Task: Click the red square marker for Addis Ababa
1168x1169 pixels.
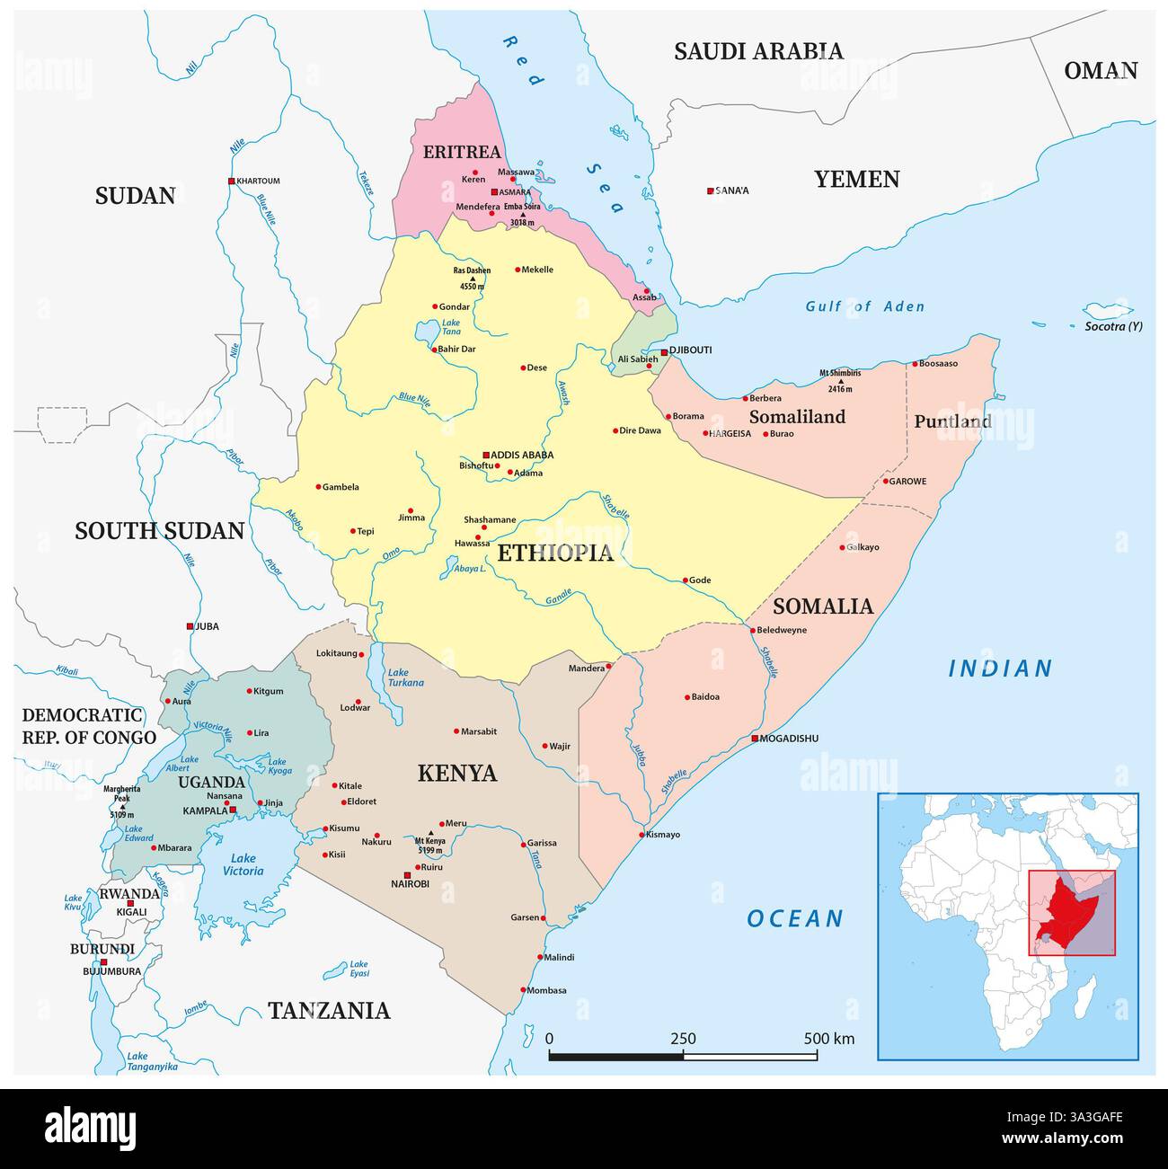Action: tap(486, 455)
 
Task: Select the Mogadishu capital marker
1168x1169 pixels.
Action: tap(755, 739)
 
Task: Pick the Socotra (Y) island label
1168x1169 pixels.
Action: tap(1113, 326)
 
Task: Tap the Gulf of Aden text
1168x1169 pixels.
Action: tap(864, 306)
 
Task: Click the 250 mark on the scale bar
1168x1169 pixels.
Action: tap(683, 1039)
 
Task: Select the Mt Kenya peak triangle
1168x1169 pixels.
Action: tap(441, 821)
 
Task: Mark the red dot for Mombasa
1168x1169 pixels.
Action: tap(523, 990)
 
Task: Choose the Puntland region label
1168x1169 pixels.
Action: tap(951, 421)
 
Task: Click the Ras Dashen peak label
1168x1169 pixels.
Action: tap(472, 270)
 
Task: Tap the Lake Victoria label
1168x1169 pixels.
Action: tap(243, 864)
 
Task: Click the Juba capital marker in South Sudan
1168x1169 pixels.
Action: tap(190, 626)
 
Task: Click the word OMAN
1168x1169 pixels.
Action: tap(1101, 71)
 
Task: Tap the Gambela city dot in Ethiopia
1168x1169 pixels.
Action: tap(318, 487)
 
